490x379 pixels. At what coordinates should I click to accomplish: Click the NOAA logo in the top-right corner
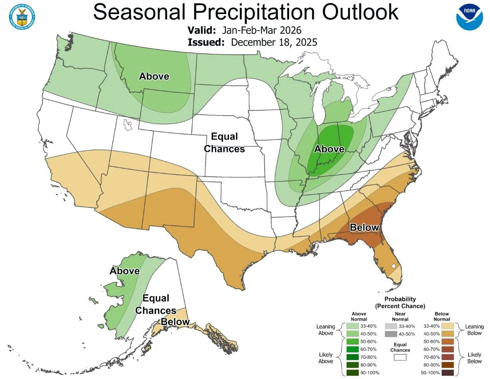[469, 17]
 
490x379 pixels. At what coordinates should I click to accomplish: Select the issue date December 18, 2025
[274, 42]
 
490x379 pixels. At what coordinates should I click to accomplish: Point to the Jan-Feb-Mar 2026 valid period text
[261, 31]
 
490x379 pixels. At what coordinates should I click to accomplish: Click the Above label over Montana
[154, 76]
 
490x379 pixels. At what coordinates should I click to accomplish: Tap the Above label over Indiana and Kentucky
[329, 149]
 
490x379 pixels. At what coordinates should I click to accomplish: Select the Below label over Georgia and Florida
[364, 227]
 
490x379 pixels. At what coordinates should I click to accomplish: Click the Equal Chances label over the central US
[224, 142]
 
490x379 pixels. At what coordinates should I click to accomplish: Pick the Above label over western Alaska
[125, 271]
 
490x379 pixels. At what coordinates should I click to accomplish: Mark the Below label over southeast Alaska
[175, 322]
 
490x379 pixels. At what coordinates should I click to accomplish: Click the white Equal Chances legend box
[400, 357]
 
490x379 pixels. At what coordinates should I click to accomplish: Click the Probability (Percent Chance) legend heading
[400, 302]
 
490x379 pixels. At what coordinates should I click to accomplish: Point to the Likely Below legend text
[474, 358]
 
